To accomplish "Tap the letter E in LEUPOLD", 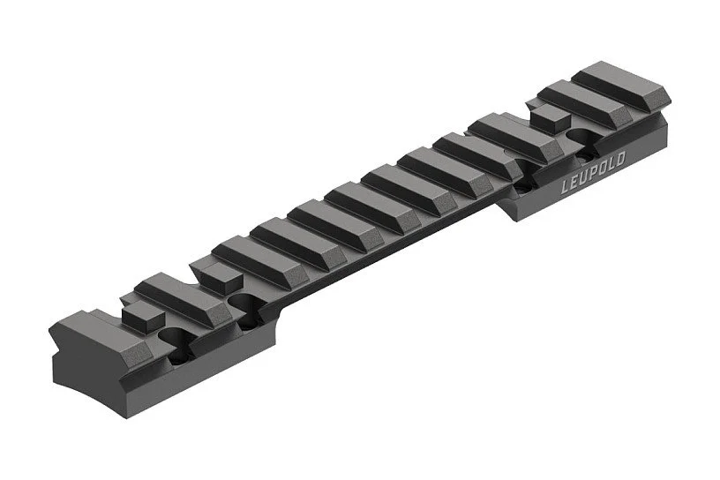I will coord(574,182).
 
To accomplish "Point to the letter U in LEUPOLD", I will coord(584,177).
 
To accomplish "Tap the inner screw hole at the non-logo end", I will coord(244,303).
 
